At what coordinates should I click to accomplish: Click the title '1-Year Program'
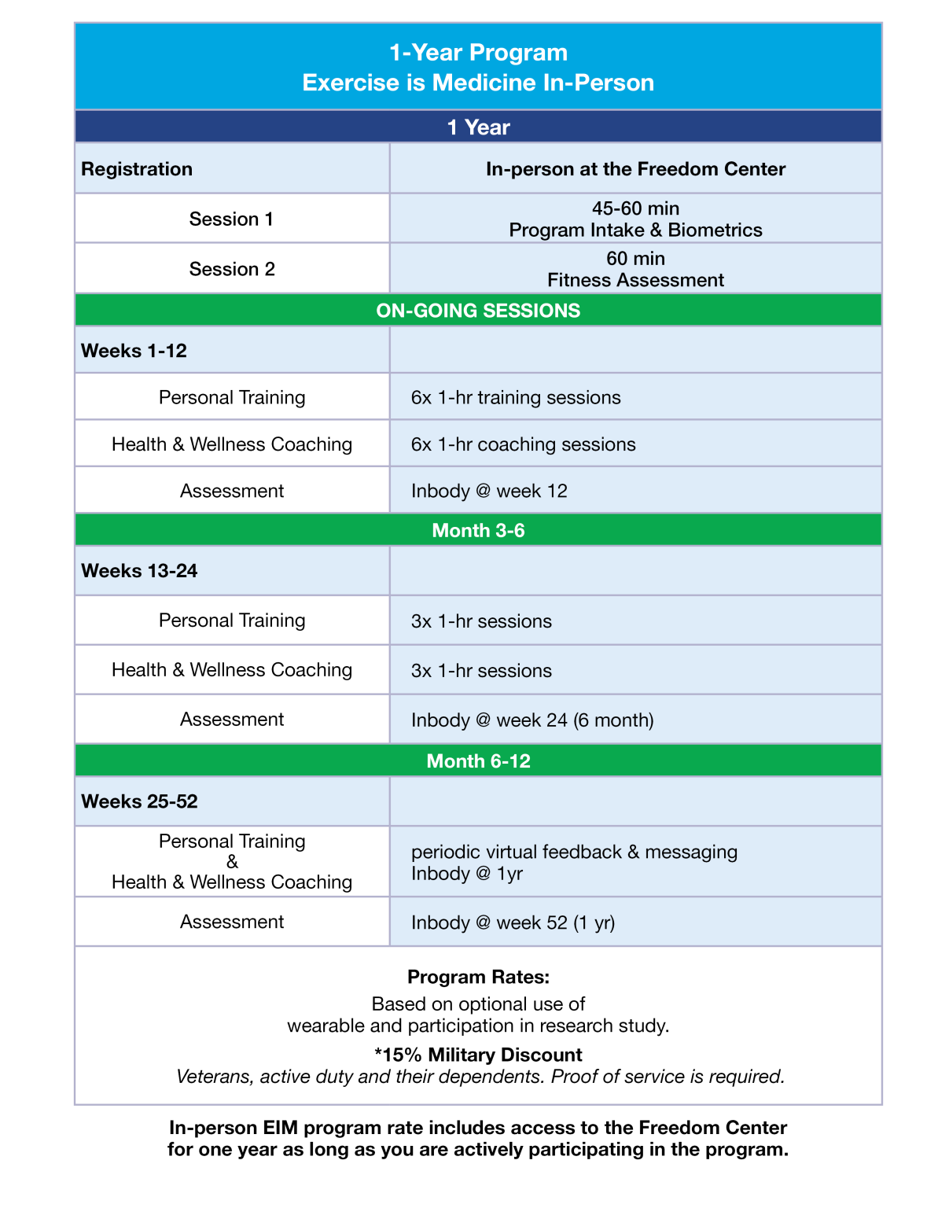coord(478,53)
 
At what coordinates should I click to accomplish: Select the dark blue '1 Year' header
coord(478,127)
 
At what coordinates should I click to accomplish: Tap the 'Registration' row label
coord(137,169)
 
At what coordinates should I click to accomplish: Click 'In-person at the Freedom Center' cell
coord(635,169)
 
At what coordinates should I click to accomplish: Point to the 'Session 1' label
coord(231,219)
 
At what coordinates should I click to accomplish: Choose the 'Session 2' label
coord(231,270)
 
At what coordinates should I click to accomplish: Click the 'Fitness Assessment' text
coord(635,281)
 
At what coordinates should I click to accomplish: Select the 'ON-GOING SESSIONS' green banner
coord(478,311)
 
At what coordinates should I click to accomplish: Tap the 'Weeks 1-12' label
coord(134,351)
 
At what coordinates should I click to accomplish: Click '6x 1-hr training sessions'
coord(516,398)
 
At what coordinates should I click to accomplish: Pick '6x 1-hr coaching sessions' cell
coord(523,444)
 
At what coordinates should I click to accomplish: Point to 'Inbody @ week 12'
coord(489,492)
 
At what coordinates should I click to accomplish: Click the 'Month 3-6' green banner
coord(478,531)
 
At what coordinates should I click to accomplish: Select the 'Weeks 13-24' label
coord(139,571)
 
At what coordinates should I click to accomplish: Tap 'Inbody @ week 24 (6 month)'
coord(532,720)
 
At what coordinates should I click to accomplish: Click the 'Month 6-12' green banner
coord(478,761)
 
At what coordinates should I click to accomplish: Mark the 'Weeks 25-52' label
coord(139,801)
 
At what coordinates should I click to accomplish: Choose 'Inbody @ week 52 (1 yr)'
coord(513,923)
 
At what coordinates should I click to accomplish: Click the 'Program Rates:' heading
coord(478,978)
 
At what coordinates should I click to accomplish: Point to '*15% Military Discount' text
coord(478,1055)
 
